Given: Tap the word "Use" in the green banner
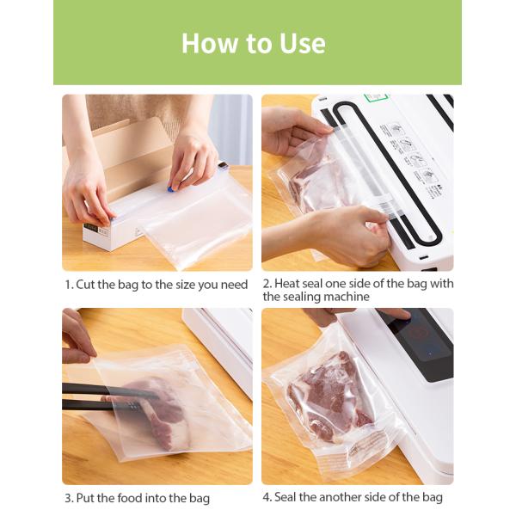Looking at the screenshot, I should tap(300, 43).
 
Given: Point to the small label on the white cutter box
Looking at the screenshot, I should tap(101, 230).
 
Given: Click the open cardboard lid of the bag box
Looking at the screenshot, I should tap(129, 155).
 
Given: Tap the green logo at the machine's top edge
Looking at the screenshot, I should tap(376, 99).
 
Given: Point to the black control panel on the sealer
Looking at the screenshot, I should tap(417, 344).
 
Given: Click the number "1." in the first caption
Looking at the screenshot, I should tap(68, 284).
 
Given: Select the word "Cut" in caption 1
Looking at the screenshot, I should tap(86, 284).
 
